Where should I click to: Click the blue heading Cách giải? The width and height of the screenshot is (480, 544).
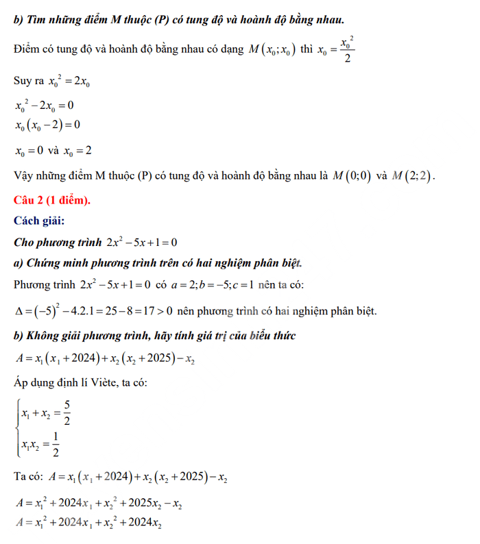pyautogui.click(x=40, y=221)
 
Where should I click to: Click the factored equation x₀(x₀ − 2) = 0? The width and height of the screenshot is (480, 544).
pyautogui.click(x=47, y=125)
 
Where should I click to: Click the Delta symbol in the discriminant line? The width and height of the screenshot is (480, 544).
pyautogui.click(x=19, y=311)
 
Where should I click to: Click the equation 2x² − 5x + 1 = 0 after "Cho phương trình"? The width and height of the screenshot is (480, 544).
pyautogui.click(x=143, y=243)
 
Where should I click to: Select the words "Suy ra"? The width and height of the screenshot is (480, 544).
pyautogui.click(x=27, y=82)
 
